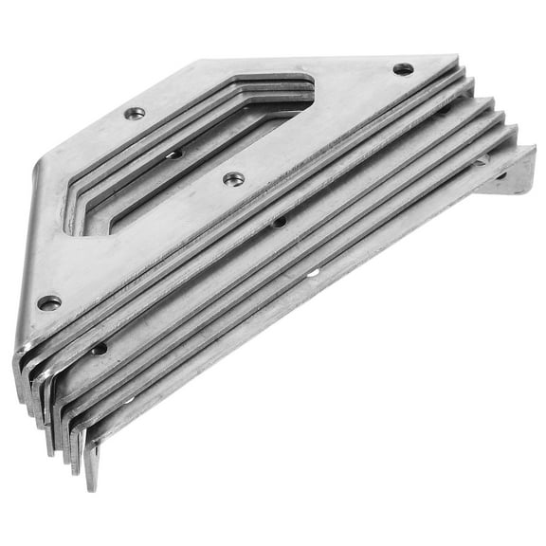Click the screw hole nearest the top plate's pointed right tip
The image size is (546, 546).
click(x=403, y=69)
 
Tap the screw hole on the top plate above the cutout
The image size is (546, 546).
click(x=135, y=113)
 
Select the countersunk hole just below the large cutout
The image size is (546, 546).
click(x=233, y=178)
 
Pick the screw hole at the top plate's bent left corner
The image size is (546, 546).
click(x=48, y=302)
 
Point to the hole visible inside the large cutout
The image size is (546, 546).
click(x=173, y=154)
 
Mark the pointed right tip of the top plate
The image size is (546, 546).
click(x=457, y=59)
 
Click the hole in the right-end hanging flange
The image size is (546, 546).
click(x=501, y=175)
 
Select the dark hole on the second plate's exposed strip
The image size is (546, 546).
click(x=279, y=222)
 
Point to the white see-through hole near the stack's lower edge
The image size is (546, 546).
click(x=314, y=274)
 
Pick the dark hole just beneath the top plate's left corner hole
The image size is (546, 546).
click(x=99, y=349)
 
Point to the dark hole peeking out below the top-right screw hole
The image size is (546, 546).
click(x=443, y=109)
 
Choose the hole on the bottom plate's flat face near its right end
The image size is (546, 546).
click(x=481, y=160)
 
